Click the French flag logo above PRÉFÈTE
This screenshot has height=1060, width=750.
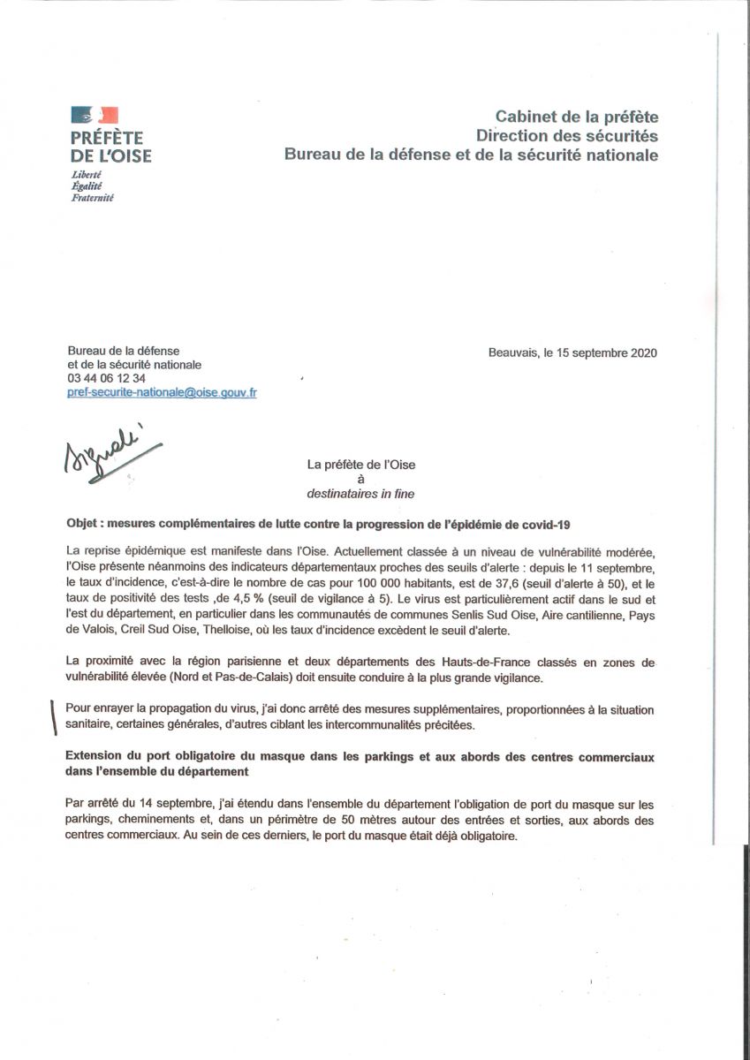[95, 116]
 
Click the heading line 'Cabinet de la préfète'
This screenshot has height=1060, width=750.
[576, 117]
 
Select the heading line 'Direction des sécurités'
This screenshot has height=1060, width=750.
[567, 137]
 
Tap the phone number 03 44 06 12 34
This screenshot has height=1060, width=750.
[107, 378]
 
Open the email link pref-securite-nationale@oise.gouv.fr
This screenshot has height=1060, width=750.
[162, 392]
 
